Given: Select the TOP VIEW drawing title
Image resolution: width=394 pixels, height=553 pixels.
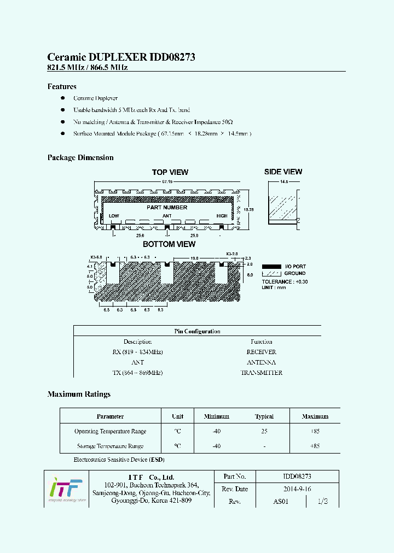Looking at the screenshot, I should pos(170,172).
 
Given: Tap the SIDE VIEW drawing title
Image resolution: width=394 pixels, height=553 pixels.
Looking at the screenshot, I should pos(283,172).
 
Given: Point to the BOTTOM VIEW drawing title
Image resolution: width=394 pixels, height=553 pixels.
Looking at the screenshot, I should pos(169,244).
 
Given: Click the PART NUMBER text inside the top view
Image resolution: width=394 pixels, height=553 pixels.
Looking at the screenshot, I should pos(167,208).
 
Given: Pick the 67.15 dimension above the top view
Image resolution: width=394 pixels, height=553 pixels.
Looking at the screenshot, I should pos(167,181).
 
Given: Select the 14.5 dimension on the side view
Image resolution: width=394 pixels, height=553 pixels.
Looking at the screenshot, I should pos(284,181).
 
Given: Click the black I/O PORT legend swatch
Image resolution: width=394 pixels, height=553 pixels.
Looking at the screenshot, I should pos(271,266).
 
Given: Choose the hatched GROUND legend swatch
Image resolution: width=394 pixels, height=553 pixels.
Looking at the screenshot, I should pos(271,273).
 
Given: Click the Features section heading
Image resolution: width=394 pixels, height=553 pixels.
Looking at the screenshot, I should pos(62,86).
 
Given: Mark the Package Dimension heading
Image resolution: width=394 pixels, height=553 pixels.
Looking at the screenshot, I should pos(80,157).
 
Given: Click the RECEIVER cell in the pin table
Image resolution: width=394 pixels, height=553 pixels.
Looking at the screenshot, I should pos(261,352).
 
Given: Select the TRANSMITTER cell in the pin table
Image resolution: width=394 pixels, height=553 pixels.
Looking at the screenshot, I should pos(261,373).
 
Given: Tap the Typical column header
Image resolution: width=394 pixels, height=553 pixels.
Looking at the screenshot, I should pos(264,416).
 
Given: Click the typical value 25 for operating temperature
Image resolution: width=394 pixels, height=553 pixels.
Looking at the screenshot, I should pos(264,431).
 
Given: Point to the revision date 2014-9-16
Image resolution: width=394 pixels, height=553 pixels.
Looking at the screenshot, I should pos(297,489).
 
